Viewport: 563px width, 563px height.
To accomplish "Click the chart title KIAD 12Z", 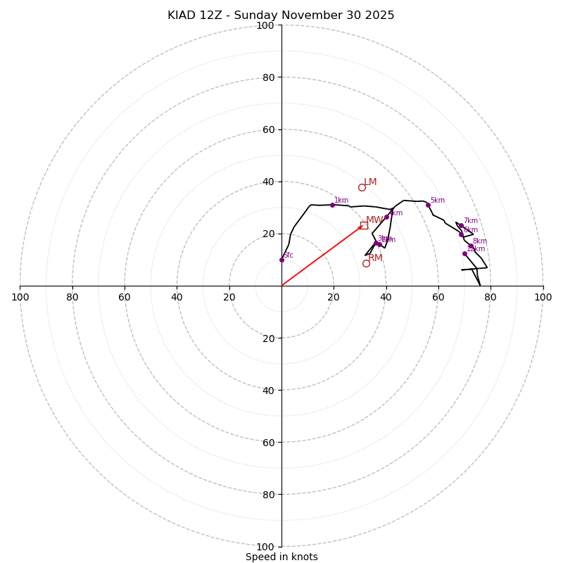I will pos(281,15).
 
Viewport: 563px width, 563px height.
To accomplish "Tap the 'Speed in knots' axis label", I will pos(281,557).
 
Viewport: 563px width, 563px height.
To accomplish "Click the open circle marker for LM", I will pos(362,187).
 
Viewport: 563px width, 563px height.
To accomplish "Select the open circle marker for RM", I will pos(366,263).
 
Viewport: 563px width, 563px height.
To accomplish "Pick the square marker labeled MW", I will pos(364,225).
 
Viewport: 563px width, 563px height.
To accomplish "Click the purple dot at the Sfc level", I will pos(281,260).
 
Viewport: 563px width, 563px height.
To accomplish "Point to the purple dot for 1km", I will pos(332,205).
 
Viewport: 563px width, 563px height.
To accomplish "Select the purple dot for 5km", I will pos(428,205).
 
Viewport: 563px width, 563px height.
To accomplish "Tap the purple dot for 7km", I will pos(461,226).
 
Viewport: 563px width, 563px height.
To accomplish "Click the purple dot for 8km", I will pos(471,246).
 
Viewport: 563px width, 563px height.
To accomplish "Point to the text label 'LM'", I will pos(370,182).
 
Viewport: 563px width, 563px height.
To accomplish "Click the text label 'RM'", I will pos(375,258).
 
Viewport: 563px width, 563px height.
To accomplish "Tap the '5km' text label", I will pos(437,201).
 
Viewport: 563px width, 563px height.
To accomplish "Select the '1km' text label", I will pos(341,201).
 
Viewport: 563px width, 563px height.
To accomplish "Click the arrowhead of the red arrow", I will pos(361,227).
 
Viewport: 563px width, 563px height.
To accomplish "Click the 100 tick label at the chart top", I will pos(265,25).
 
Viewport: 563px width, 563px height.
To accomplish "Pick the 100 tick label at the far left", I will pos(20,297).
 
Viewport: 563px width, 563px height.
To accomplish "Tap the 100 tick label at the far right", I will pos(543,297).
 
